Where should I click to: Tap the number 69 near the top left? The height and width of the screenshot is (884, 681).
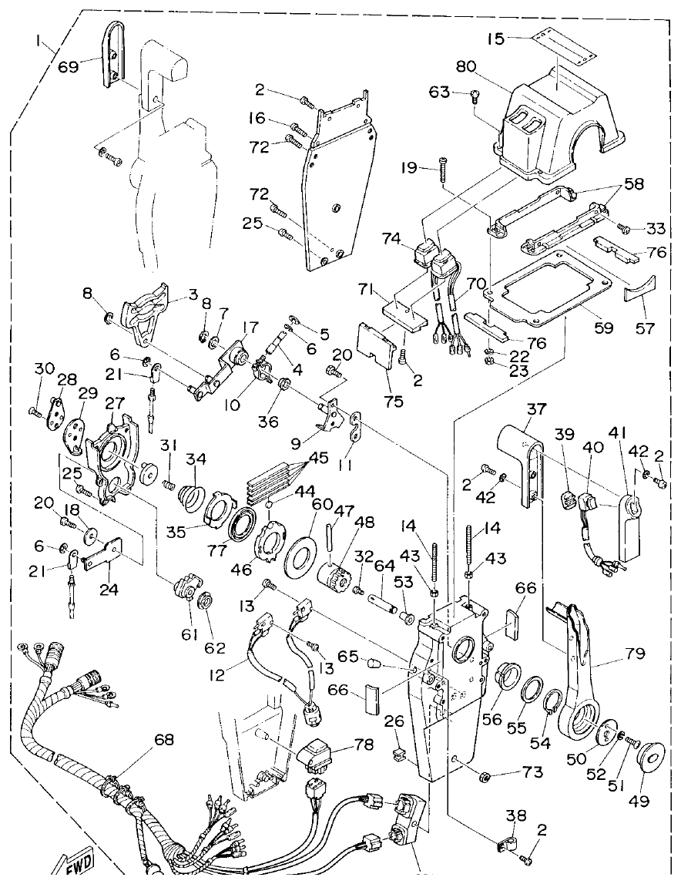(69, 67)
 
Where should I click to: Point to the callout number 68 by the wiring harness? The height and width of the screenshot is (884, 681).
(163, 740)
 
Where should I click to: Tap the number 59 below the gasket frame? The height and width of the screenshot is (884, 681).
(603, 328)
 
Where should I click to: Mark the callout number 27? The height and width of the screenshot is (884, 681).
(115, 404)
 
